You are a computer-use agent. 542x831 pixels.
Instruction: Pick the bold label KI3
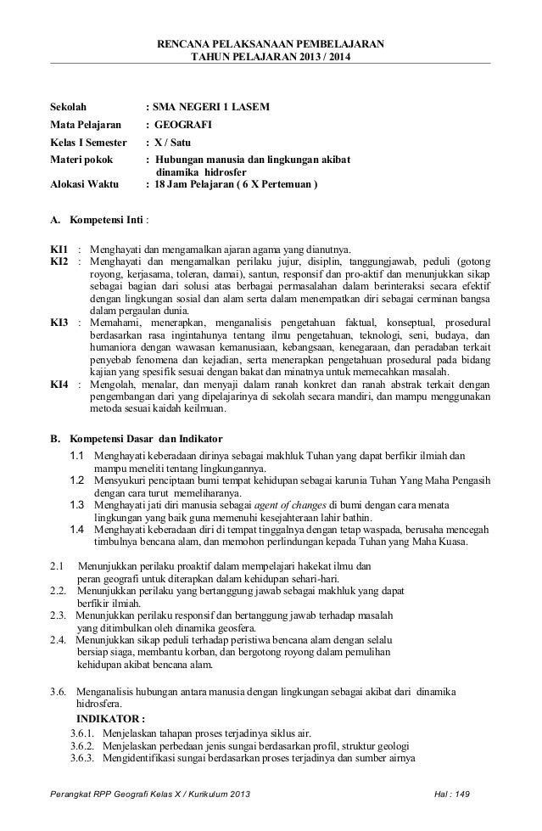(x=59, y=323)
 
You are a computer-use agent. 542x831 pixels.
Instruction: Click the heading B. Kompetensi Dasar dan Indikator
(x=136, y=439)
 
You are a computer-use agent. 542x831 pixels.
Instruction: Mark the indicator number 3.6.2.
(x=85, y=745)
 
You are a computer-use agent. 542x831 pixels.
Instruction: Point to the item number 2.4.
(x=59, y=639)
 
